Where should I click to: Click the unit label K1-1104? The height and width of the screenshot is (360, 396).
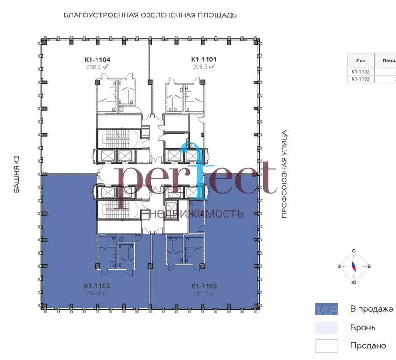click(x=97, y=60)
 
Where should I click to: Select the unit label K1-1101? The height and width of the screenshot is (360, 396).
click(x=203, y=60)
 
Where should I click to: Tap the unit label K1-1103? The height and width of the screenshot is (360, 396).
click(x=97, y=285)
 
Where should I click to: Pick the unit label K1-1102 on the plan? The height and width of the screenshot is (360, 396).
click(x=204, y=285)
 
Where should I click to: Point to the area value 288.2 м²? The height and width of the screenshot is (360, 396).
click(x=97, y=67)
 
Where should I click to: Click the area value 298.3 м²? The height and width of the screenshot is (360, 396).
click(x=203, y=67)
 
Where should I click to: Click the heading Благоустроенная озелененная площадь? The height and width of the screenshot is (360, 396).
click(x=150, y=15)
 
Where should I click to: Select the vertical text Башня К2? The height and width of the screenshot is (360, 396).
click(x=17, y=174)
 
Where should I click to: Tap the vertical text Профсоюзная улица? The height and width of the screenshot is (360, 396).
click(x=284, y=174)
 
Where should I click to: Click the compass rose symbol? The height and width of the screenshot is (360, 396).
click(x=353, y=266)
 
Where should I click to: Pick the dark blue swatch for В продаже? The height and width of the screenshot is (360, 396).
click(x=326, y=309)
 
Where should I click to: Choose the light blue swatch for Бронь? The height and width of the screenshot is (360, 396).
click(x=326, y=327)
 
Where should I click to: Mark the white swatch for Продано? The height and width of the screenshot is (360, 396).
click(x=326, y=346)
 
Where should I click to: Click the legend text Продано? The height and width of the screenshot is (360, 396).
click(x=368, y=346)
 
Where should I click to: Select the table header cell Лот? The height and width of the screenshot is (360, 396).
click(x=360, y=60)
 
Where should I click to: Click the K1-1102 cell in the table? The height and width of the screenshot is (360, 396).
click(x=360, y=72)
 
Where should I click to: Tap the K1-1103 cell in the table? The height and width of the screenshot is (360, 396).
click(x=360, y=79)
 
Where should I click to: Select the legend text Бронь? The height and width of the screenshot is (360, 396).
click(x=362, y=327)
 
